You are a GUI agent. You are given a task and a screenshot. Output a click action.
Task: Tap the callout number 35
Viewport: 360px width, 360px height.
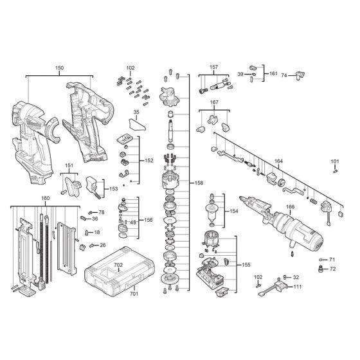(136, 113)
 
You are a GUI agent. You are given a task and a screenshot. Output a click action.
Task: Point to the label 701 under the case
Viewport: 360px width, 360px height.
(133, 294)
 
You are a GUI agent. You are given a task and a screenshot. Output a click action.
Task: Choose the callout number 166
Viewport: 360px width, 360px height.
(291, 207)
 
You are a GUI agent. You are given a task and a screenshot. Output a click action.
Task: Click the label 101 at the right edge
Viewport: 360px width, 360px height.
(335, 161)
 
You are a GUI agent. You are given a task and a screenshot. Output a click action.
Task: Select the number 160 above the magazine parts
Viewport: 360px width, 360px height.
(45, 198)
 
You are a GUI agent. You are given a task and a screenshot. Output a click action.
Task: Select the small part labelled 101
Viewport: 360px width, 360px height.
(334, 170)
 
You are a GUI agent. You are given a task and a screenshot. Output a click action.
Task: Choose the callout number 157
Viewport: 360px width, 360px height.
(213, 67)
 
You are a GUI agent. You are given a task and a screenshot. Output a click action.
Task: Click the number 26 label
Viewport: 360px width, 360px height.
(102, 245)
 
